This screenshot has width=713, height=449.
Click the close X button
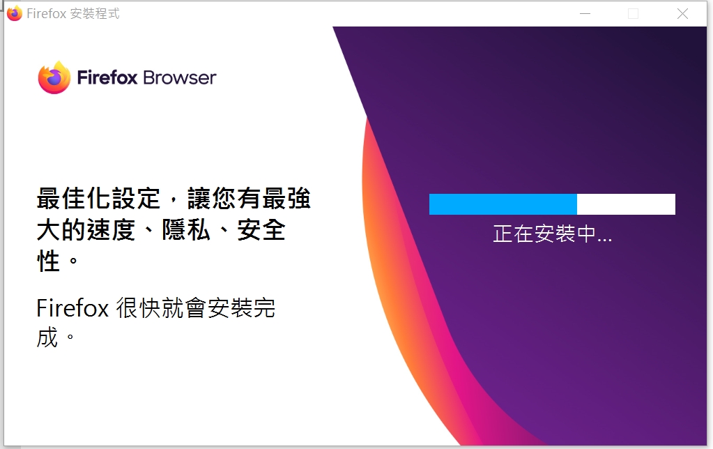tap(682, 14)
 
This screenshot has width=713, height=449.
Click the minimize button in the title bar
tap(585, 14)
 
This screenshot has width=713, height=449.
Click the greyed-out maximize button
tap(633, 14)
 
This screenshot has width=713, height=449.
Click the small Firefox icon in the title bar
tap(15, 13)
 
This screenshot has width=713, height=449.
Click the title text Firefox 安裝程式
tap(73, 14)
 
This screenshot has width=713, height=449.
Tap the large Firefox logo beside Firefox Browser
tap(54, 77)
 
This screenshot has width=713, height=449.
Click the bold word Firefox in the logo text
tap(107, 77)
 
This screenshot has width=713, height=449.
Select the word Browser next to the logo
tap(180, 78)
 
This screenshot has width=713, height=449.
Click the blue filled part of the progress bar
tap(503, 204)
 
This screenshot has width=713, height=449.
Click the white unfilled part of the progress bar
tap(626, 204)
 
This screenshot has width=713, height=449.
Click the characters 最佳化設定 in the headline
tap(99, 199)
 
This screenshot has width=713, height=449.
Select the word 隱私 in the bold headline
tap(186, 230)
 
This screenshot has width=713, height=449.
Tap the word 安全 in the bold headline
tap(261, 230)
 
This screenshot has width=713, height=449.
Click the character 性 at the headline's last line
tap(49, 261)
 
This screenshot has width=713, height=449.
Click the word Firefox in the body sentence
tap(72, 308)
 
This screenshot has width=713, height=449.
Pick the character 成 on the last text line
tap(48, 337)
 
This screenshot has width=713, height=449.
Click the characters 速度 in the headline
tap(112, 230)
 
